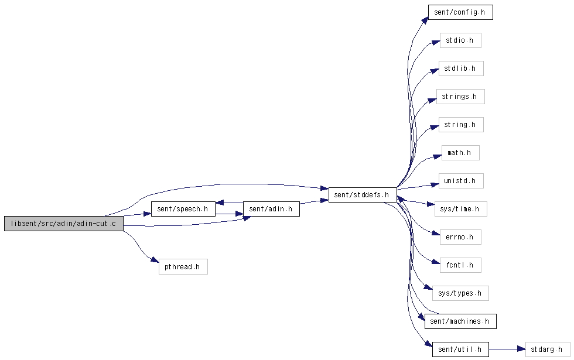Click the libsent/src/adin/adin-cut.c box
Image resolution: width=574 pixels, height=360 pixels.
(x=64, y=224)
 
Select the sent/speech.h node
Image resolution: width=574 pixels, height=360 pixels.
(x=183, y=209)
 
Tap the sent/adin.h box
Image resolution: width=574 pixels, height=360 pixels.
(x=271, y=209)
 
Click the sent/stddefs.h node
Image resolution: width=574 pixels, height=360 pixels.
(x=363, y=194)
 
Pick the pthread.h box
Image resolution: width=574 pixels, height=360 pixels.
(x=183, y=267)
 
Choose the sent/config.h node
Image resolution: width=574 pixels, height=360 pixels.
(x=460, y=12)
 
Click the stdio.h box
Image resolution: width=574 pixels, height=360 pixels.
(x=460, y=40)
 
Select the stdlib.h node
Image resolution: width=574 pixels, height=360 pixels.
(x=461, y=68)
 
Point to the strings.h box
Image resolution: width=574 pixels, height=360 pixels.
(x=460, y=97)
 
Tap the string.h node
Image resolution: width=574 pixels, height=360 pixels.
(x=461, y=125)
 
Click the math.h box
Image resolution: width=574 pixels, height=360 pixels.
(x=460, y=153)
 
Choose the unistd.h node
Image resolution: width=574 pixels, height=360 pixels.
(x=461, y=181)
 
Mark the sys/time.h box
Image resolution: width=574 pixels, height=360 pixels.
(x=460, y=209)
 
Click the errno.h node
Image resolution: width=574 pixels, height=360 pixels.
(x=460, y=237)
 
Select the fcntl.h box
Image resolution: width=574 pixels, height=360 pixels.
(x=460, y=265)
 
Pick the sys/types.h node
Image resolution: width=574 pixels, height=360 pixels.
(x=460, y=293)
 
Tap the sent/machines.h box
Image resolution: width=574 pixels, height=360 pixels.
(x=460, y=321)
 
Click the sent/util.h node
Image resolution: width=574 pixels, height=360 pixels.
(x=460, y=349)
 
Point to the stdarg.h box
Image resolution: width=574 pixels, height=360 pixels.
(x=548, y=349)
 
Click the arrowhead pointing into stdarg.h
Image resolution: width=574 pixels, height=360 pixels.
(x=522, y=349)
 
